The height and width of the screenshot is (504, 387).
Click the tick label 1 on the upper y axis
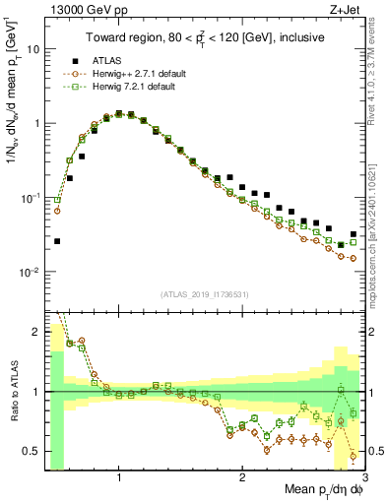35,124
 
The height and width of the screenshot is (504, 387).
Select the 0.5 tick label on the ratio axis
32,451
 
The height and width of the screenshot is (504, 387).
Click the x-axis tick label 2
242,477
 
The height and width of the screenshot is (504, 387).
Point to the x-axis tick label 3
364,477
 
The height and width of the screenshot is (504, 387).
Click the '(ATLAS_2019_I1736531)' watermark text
204,294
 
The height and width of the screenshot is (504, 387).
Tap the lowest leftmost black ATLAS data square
57,241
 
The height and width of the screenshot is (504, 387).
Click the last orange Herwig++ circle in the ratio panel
354,456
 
